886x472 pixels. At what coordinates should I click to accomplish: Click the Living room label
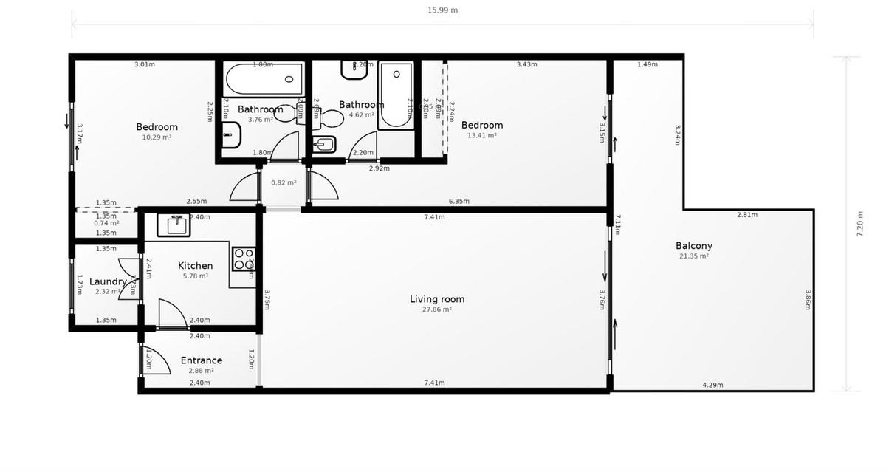(437, 299)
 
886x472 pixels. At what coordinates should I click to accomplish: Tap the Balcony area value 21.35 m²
(693, 256)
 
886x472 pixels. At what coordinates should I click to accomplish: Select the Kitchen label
(195, 266)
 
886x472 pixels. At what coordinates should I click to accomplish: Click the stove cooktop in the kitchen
(244, 259)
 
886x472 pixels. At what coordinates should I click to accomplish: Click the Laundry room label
(108, 281)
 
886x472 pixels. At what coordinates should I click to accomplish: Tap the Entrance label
(201, 360)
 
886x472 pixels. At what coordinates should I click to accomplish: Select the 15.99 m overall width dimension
(443, 10)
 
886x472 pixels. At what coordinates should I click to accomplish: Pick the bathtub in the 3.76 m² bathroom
(264, 76)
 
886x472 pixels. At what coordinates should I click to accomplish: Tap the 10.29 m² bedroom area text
(157, 137)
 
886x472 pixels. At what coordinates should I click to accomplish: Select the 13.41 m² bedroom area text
(481, 135)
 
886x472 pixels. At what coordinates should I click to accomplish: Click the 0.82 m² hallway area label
(284, 182)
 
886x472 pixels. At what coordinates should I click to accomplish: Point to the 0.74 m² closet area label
(106, 223)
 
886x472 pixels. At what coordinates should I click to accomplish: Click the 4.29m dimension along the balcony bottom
(712, 385)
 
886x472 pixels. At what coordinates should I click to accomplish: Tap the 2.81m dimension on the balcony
(747, 215)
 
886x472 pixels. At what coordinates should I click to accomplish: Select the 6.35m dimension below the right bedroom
(459, 201)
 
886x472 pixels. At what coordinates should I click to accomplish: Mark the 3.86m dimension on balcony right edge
(808, 298)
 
